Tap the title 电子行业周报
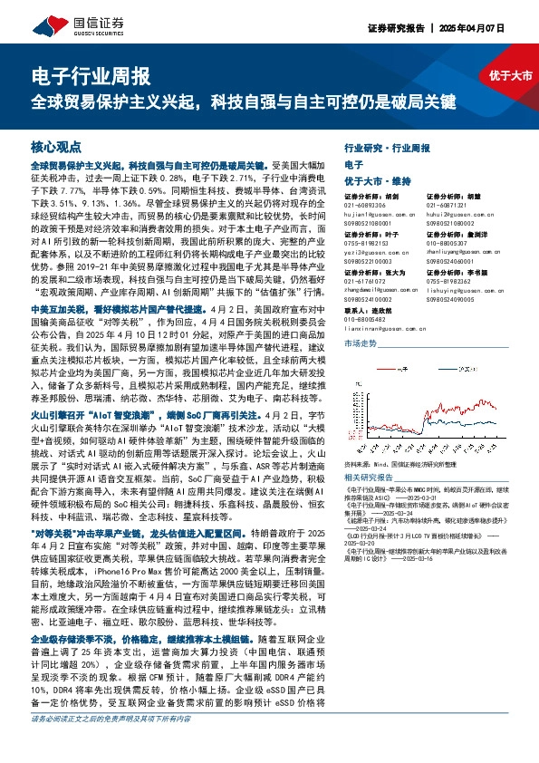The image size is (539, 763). point(90,76)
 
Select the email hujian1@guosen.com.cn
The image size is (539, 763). point(377,216)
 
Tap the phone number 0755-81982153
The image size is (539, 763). point(371,243)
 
